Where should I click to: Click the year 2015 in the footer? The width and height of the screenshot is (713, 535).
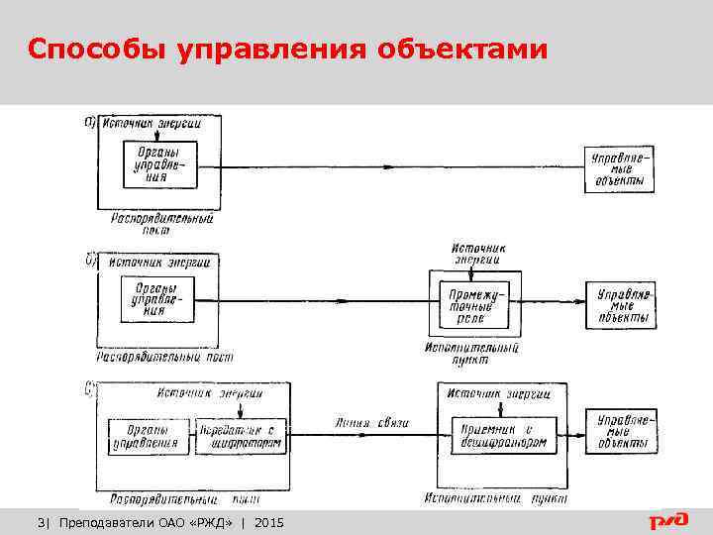(x=268, y=521)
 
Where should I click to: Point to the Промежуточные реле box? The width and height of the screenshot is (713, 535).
(x=477, y=307)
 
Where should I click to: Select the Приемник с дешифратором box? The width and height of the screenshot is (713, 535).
(x=499, y=433)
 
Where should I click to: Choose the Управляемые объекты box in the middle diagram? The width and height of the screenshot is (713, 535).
(x=621, y=306)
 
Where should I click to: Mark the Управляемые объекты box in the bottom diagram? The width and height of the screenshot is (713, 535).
(x=620, y=433)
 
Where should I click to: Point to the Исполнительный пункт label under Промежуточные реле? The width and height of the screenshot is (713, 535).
(x=471, y=354)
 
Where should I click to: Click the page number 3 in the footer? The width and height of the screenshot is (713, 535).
(x=41, y=521)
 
